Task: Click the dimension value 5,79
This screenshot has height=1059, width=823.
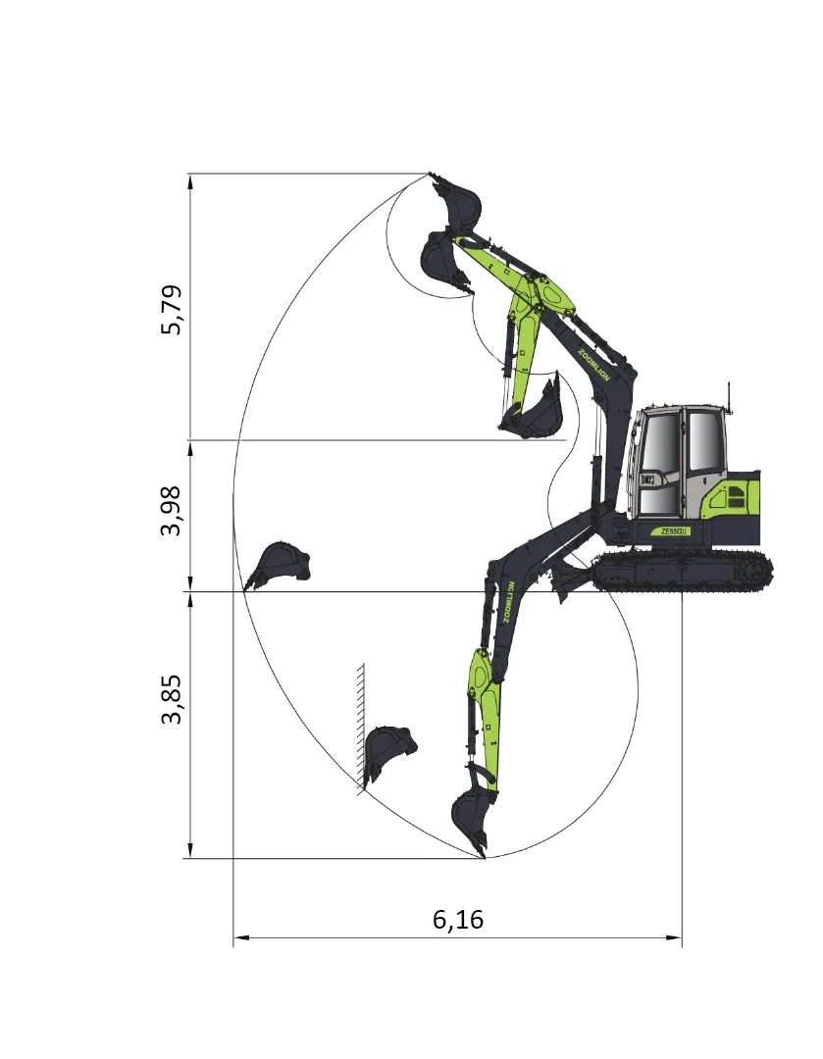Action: click(x=171, y=310)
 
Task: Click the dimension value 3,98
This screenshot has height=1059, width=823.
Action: click(x=171, y=511)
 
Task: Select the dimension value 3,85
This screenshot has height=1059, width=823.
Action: click(x=171, y=699)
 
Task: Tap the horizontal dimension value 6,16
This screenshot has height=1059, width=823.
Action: click(x=458, y=920)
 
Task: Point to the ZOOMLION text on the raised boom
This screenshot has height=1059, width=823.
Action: click(x=593, y=365)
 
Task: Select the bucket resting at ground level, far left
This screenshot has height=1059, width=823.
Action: click(x=277, y=565)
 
